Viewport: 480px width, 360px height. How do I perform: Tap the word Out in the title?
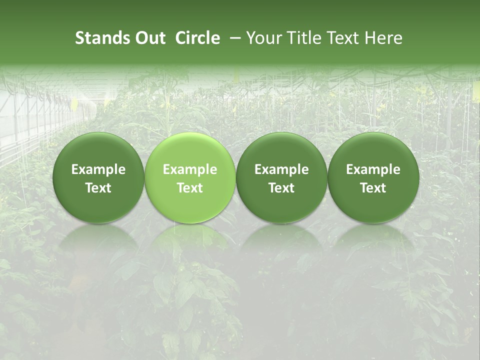(x=149, y=38)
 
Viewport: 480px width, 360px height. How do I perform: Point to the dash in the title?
(x=234, y=38)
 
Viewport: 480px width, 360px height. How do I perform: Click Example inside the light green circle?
(x=190, y=169)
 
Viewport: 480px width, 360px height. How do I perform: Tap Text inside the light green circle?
(x=190, y=188)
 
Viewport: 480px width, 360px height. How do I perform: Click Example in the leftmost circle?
(x=98, y=169)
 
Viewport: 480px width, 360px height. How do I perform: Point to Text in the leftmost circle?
(x=98, y=188)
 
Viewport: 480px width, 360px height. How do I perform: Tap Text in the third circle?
(x=281, y=188)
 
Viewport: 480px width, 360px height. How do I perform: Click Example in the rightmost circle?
(x=373, y=169)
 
